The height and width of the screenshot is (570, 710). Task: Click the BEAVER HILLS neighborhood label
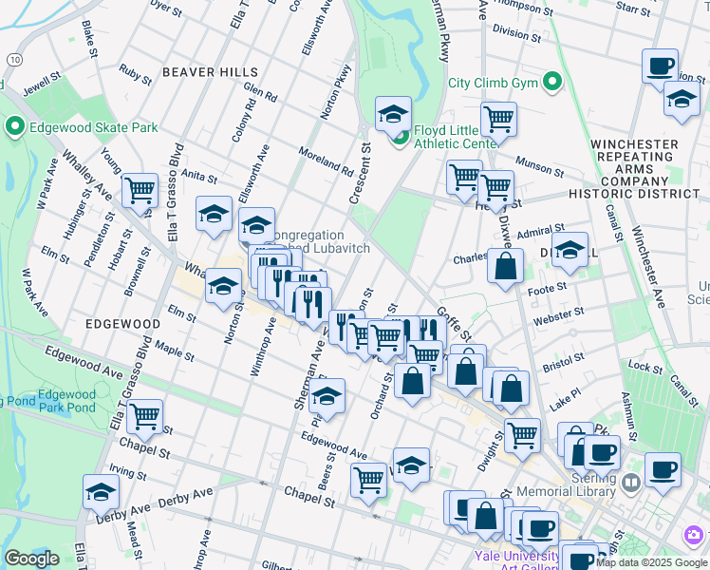210,72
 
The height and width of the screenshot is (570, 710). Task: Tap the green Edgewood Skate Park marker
14,126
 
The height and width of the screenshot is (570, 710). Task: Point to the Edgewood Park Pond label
66,401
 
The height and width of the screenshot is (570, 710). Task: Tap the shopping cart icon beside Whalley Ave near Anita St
140,190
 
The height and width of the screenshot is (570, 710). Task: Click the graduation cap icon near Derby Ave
101,491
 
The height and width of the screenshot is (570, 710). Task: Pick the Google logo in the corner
31,559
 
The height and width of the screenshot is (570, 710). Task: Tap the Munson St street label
539,168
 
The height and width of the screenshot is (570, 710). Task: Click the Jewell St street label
41,85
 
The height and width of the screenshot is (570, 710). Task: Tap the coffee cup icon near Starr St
660,66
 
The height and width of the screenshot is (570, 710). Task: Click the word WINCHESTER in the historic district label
634,144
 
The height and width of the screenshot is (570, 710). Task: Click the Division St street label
516,32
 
